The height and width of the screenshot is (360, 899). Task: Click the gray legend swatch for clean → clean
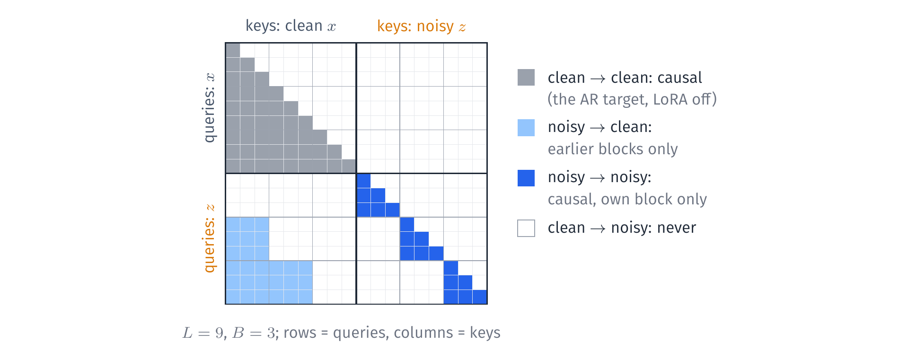(526, 77)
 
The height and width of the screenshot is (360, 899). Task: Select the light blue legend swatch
(526, 128)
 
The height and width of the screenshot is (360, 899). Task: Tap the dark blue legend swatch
(526, 178)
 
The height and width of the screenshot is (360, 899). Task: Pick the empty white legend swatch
(526, 228)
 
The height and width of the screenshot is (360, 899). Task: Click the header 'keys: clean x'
(291, 26)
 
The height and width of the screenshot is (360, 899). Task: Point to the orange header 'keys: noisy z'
(421, 26)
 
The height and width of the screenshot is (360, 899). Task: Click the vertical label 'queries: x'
(209, 107)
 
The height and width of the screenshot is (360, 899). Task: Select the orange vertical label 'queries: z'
(209, 238)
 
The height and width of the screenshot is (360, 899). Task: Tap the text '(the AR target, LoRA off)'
(632, 99)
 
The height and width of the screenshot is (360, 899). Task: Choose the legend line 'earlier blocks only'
(613, 149)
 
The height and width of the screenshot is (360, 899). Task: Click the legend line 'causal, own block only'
(627, 200)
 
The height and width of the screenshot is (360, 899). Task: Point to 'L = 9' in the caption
(203, 333)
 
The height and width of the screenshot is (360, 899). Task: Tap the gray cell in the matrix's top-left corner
(233, 50)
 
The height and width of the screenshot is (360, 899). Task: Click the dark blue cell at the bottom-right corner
(479, 297)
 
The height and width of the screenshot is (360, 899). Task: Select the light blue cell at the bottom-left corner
(233, 297)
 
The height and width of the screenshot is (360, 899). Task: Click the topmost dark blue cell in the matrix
(363, 181)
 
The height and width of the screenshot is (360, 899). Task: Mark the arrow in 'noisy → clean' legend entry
(598, 128)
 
